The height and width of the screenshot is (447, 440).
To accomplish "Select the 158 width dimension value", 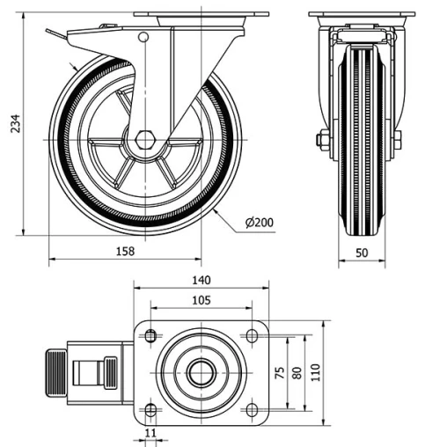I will tap(125, 251).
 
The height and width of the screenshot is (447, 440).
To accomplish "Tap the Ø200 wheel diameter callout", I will tap(260, 222).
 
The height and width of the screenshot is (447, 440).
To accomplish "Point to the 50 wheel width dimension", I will tap(362, 251).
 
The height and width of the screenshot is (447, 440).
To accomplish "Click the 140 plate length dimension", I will tap(200, 281).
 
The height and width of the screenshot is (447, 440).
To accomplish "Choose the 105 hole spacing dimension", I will tap(200, 300).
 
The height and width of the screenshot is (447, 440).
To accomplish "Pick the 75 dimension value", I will tap(280, 373).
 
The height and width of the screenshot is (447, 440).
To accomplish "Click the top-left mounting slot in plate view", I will tap(150, 335).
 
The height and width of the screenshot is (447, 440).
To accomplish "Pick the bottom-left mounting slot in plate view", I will tap(150, 410).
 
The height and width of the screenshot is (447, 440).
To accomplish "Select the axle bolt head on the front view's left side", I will tap(322, 139).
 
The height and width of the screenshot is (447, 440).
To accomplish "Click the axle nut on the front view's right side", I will tap(398, 139).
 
